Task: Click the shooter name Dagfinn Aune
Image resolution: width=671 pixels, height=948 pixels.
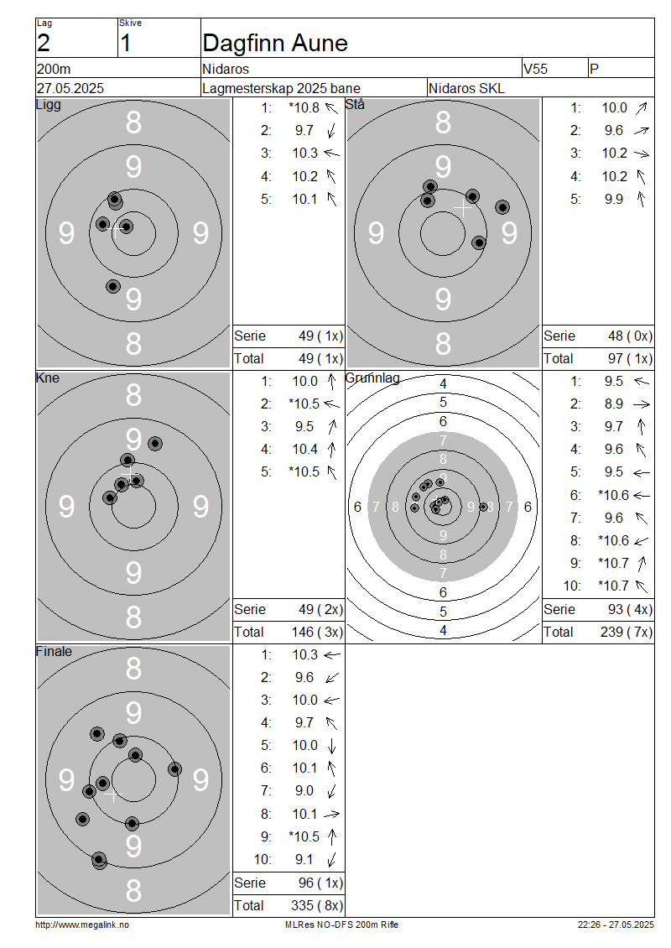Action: click(x=275, y=43)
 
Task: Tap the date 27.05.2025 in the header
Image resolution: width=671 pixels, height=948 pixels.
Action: click(x=70, y=88)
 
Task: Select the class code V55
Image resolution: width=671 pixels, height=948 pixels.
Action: click(x=536, y=69)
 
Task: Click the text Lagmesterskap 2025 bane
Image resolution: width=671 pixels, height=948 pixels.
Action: click(x=281, y=88)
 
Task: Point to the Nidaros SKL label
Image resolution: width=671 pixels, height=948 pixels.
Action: click(x=466, y=88)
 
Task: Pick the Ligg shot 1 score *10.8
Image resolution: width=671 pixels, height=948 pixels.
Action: click(x=304, y=107)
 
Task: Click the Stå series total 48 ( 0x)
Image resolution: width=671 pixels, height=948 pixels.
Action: click(x=630, y=336)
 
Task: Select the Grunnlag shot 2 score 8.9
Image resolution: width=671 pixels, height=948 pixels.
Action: click(x=614, y=404)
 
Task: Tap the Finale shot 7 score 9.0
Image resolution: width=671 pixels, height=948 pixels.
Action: click(x=304, y=791)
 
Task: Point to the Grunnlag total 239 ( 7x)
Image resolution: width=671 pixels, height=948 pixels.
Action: click(x=627, y=632)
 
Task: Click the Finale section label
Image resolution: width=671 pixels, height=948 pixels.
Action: click(x=54, y=651)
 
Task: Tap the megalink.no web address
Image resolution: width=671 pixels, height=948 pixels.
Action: click(x=82, y=925)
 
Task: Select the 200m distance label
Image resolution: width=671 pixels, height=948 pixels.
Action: click(x=54, y=69)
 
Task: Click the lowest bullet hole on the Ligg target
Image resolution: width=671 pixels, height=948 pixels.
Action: click(x=113, y=286)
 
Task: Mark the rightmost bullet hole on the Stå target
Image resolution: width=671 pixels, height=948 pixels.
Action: click(x=502, y=206)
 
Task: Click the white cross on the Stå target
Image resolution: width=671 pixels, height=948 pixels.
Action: click(x=462, y=208)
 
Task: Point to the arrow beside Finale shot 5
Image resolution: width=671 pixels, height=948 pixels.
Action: click(x=331, y=746)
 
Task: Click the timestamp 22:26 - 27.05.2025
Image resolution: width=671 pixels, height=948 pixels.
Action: click(x=616, y=925)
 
